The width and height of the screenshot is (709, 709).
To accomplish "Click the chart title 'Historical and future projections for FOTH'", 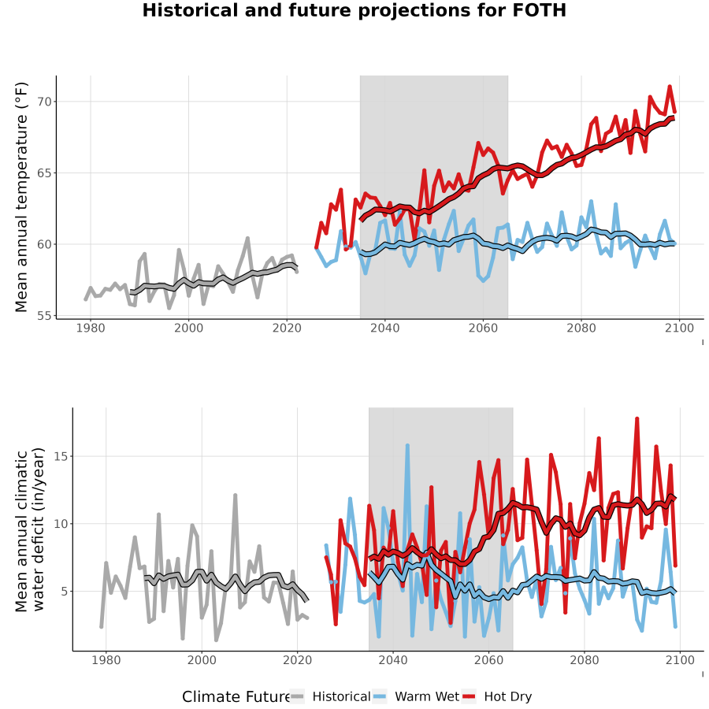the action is (354, 10).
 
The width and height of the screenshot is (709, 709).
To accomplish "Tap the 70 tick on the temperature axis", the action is (44, 102).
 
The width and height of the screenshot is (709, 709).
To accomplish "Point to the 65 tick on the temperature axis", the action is (44, 173).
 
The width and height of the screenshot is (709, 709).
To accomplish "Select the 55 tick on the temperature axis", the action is (44, 316).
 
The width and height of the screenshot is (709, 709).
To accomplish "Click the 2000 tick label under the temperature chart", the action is (188, 328).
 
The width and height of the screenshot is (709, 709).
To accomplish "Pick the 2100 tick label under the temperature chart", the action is (679, 328).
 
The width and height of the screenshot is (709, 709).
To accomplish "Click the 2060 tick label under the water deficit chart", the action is (488, 660).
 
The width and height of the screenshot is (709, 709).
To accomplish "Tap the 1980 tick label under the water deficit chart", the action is (106, 660).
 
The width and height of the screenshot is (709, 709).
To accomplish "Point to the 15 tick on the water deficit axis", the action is (61, 456).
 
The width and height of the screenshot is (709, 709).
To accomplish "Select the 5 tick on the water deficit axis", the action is (65, 592).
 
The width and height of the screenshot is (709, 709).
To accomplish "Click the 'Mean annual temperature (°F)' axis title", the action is (21, 197).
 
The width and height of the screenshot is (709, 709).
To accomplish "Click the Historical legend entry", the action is (329, 697).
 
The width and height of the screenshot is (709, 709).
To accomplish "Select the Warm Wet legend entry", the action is (416, 697).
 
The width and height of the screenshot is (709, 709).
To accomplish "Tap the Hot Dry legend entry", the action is (496, 697).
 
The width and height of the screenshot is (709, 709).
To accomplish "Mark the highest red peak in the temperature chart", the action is (670, 86).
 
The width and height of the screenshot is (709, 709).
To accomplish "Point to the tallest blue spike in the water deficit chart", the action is (407, 445).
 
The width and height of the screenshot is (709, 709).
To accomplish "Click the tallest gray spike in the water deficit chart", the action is (235, 496).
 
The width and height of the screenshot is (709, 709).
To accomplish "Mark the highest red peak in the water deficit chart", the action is (637, 419).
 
